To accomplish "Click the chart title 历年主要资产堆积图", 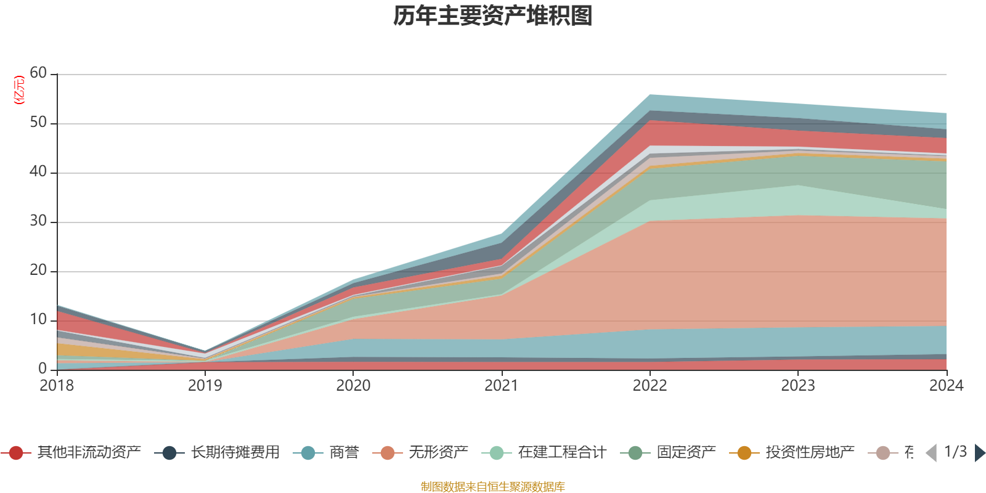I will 493,16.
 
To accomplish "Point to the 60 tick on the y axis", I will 38,73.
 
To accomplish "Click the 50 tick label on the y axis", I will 38,123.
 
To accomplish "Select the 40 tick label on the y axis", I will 38,172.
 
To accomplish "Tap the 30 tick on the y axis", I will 38,221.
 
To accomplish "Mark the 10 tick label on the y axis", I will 38,320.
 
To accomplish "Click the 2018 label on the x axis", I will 57,386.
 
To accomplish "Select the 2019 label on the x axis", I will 205,386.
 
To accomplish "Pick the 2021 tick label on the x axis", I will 502,386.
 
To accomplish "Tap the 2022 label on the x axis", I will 650,386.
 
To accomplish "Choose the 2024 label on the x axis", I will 946,386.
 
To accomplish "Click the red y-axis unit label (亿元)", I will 19,90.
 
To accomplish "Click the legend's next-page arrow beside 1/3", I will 979,453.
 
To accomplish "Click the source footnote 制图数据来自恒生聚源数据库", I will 493,487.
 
